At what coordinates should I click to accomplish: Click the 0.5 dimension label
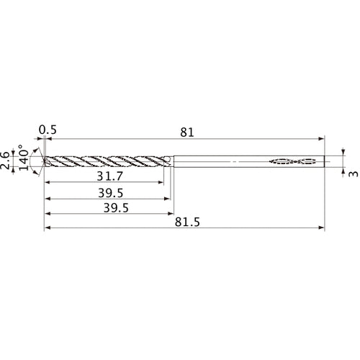[x=48, y=130]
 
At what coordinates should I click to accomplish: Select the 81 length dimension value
[x=186, y=131]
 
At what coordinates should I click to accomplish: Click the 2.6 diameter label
[x=6, y=160]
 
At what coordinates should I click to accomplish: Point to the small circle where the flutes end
[x=166, y=161]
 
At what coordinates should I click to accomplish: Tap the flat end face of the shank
[x=324, y=161]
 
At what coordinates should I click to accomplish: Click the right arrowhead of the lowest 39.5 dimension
[x=171, y=213]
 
